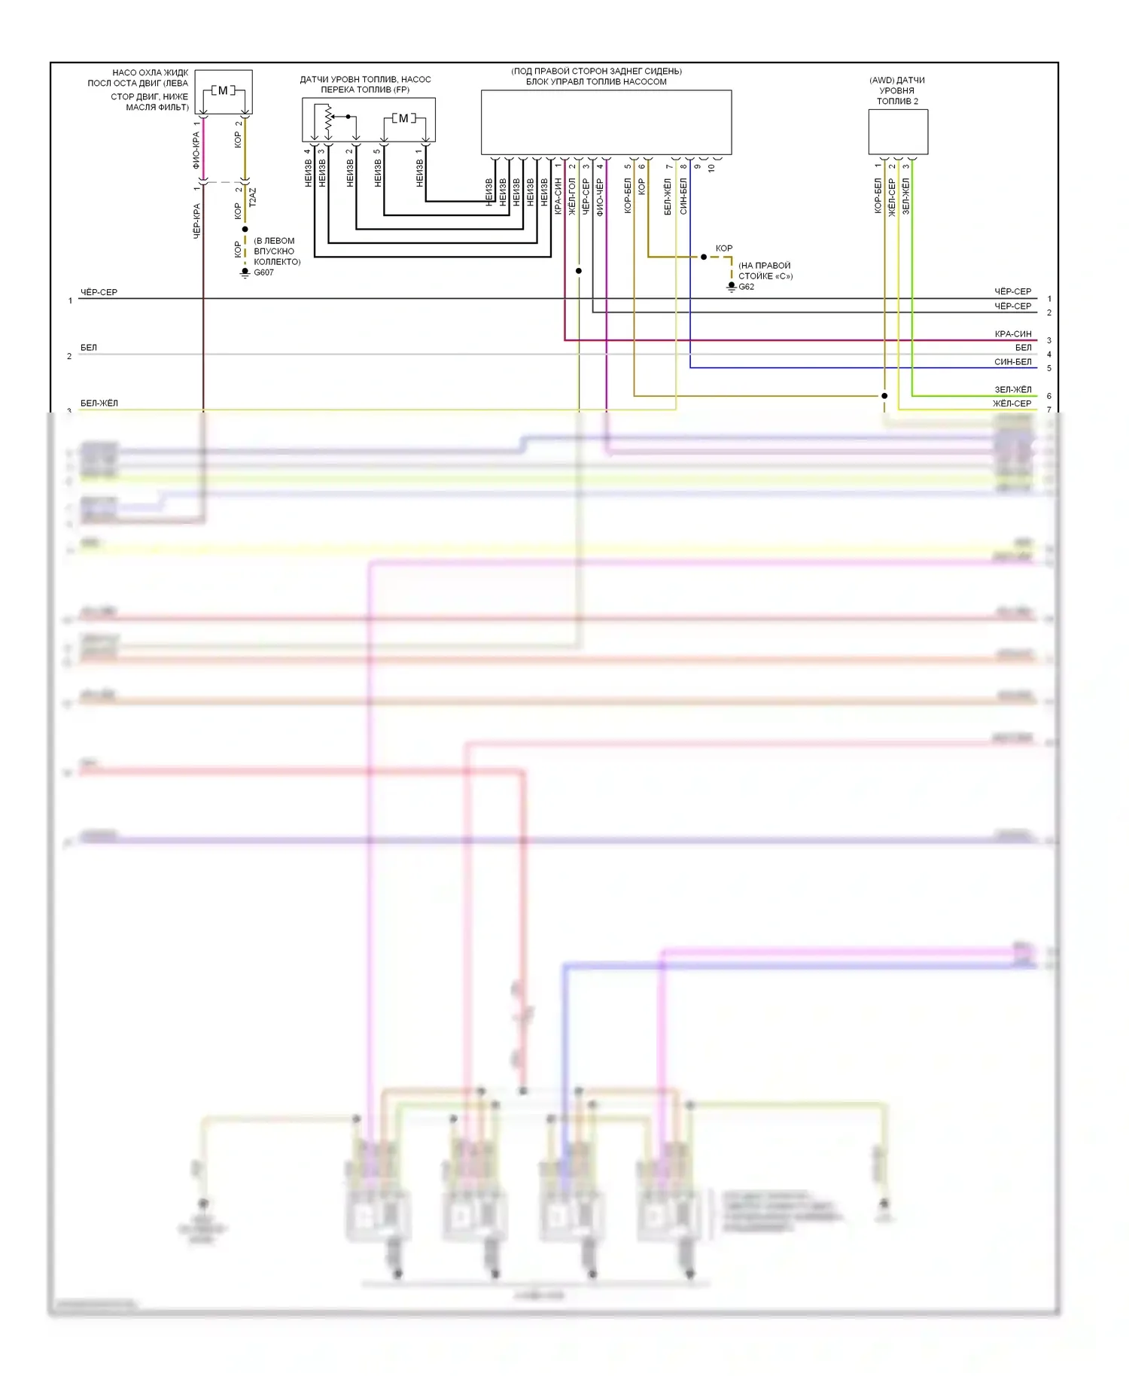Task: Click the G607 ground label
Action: click(x=263, y=272)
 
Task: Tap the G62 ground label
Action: click(x=746, y=287)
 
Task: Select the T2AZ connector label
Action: click(x=253, y=197)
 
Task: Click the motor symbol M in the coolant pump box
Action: click(x=223, y=90)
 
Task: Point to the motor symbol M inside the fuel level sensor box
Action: click(x=403, y=118)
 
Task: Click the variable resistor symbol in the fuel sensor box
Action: click(x=328, y=118)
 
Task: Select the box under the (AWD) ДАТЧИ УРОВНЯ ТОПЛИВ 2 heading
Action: click(x=898, y=132)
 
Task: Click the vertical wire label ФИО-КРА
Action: click(x=196, y=150)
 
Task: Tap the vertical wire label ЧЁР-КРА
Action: click(x=196, y=221)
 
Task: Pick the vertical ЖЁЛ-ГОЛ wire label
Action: click(x=572, y=197)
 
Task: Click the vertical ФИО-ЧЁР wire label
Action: click(x=600, y=197)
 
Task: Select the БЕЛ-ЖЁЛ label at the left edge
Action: click(x=99, y=403)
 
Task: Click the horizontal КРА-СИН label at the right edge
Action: click(x=1012, y=334)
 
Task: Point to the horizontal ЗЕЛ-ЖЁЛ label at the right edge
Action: click(x=1012, y=390)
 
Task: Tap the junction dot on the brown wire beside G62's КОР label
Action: click(x=704, y=257)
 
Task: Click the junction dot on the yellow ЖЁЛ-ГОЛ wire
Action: click(x=579, y=271)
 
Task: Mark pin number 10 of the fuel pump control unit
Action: click(x=711, y=169)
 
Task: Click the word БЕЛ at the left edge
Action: click(x=89, y=348)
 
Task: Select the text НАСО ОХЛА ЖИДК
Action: click(x=151, y=73)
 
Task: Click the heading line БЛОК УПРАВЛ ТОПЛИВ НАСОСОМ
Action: click(x=596, y=82)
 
